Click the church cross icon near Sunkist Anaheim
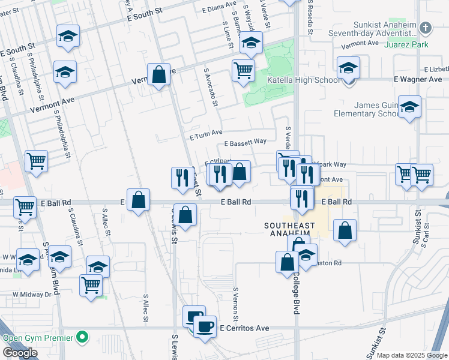point(425,28)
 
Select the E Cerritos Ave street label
point(244,329)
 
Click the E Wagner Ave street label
point(418,79)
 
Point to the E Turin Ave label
point(206,133)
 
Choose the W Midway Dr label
point(32,295)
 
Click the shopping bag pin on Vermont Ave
point(158,75)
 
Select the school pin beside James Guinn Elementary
point(409,107)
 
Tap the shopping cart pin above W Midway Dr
point(91,284)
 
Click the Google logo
point(20,353)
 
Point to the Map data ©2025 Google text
point(412,355)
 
